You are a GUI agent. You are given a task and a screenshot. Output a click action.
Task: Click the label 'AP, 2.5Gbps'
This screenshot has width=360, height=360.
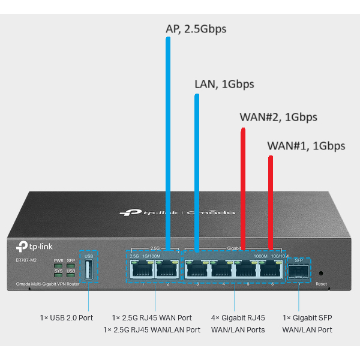[196, 28]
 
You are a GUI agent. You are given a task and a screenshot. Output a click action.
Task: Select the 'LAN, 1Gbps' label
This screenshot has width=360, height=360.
[224, 85]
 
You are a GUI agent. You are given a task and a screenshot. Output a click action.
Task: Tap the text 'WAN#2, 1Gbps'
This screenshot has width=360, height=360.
[278, 116]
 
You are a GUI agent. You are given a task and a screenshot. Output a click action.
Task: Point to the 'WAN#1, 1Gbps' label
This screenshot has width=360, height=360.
[306, 145]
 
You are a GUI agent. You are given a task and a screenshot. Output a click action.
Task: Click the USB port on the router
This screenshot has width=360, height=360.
[88, 271]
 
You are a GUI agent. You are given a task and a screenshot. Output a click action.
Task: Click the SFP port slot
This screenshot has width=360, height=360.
[299, 272]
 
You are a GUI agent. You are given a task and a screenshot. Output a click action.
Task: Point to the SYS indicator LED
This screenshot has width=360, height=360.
[58, 277]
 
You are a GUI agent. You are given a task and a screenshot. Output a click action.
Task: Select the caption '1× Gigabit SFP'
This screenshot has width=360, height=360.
[307, 317]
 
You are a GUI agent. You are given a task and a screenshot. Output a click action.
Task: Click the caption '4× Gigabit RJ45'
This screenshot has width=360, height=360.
[238, 317]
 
